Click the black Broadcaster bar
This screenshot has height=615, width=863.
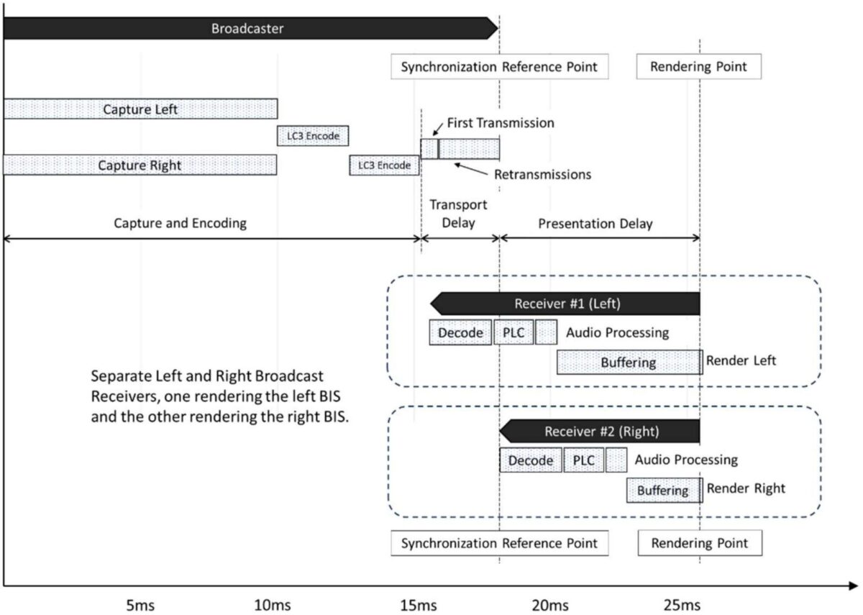[x=250, y=28]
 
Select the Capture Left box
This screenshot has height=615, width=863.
[x=141, y=109]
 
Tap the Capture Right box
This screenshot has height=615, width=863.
[x=140, y=165]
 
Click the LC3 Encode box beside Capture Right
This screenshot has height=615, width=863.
[x=384, y=165]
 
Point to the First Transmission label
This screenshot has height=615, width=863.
[x=501, y=123]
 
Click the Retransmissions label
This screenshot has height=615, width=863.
[x=542, y=175]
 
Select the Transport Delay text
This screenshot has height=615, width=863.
[x=458, y=214]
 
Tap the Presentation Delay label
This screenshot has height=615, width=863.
[x=595, y=224]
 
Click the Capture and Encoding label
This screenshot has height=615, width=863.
[x=180, y=223]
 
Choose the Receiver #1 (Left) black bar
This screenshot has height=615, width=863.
[x=565, y=304]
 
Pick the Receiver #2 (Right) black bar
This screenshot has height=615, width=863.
[x=600, y=431]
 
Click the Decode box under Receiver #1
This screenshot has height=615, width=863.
[x=460, y=332]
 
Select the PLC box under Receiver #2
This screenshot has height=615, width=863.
[x=584, y=460]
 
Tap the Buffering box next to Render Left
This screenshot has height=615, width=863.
[x=629, y=363]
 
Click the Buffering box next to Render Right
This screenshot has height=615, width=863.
[x=665, y=490]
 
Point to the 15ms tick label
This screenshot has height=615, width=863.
[x=419, y=606]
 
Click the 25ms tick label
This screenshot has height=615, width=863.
[x=682, y=606]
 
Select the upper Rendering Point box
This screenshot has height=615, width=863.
[x=699, y=67]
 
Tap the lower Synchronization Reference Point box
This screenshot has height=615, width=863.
[x=500, y=543]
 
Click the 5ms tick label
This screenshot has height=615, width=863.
[x=141, y=606]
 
